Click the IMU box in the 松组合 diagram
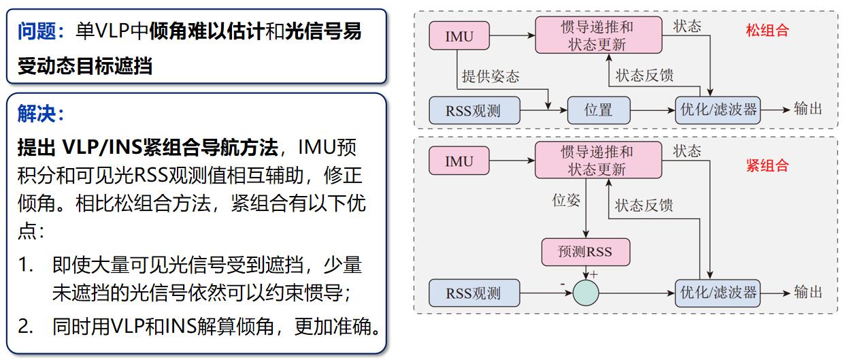click(x=459, y=36)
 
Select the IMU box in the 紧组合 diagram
click(x=459, y=162)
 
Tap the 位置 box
click(x=598, y=109)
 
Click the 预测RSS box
click(x=585, y=252)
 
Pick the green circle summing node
click(x=585, y=293)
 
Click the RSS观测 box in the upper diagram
click(x=473, y=109)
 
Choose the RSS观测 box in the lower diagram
click(x=473, y=293)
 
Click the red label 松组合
click(x=767, y=31)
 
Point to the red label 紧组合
click(x=767, y=165)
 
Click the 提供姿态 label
click(x=490, y=76)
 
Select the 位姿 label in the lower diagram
click(x=566, y=201)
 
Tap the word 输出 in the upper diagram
click(x=808, y=109)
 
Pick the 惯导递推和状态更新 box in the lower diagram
click(x=597, y=161)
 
